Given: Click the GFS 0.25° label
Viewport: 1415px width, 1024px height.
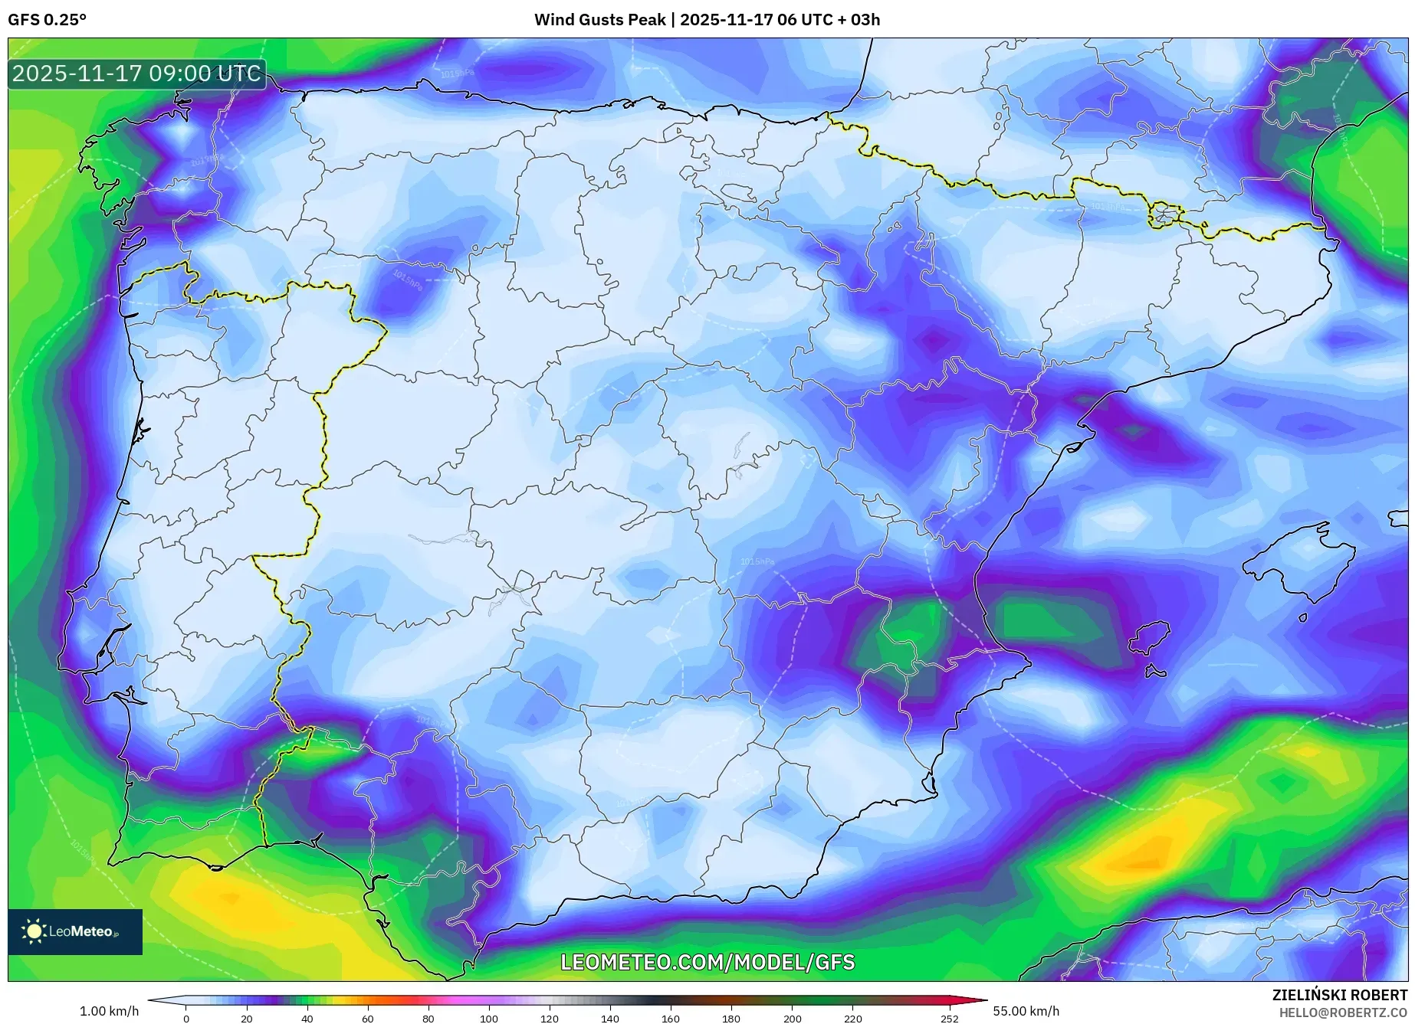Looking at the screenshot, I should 47,20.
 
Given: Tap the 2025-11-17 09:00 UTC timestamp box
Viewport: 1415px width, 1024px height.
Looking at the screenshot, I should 137,74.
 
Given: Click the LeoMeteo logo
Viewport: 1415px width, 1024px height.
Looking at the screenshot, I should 75,931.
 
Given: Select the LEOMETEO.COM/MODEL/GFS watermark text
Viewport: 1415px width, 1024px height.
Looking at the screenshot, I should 707,963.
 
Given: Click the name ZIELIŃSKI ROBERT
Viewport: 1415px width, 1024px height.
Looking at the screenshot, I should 1339,995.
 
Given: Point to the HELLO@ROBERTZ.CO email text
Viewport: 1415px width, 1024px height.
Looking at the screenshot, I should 1342,1013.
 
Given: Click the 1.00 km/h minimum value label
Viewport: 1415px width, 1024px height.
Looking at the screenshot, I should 109,1011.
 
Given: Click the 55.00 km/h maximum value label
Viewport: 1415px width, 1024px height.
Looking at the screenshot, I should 1026,1011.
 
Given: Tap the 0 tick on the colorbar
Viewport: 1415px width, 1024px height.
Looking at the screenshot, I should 185,1019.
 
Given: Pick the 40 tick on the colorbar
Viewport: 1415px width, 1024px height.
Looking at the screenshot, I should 307,1019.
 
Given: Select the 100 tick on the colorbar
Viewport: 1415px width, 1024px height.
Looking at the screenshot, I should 488,1019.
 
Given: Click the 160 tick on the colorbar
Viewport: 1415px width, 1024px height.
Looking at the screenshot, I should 671,1019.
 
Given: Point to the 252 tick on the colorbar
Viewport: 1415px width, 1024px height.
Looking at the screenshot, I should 949,1019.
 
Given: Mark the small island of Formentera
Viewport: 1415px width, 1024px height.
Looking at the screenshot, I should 1155,672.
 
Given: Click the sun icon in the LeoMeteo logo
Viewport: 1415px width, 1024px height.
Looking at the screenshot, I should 34,931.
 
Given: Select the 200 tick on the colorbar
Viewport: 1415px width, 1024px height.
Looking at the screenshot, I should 792,1019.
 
